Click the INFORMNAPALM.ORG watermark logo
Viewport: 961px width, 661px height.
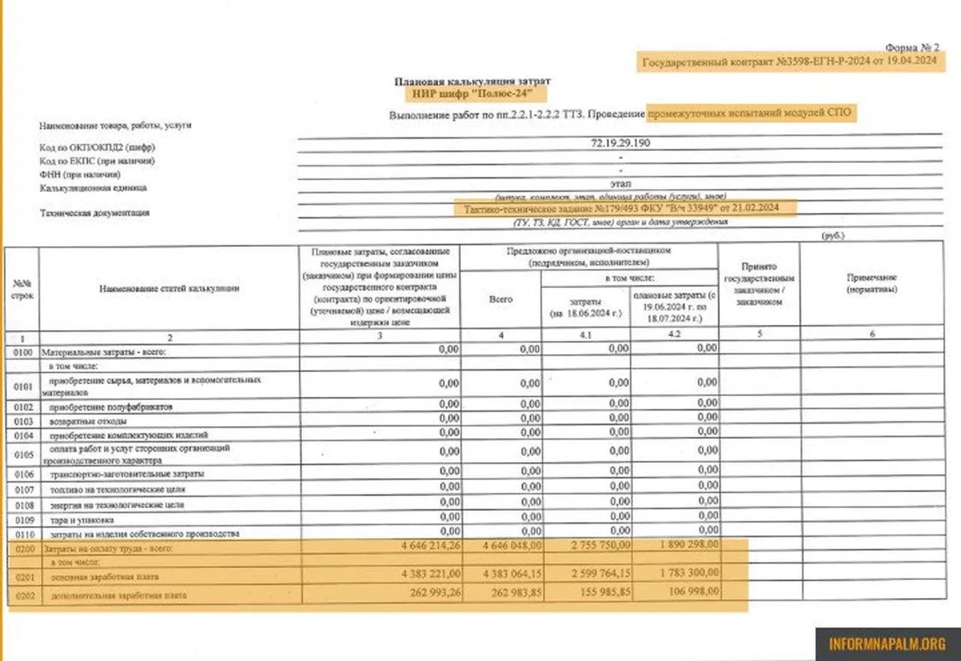pyautogui.click(x=887, y=643)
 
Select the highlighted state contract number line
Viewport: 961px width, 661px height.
pyautogui.click(x=789, y=63)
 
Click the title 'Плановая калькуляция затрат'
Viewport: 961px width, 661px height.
pyautogui.click(x=477, y=80)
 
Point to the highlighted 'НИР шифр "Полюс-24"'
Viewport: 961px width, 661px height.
pyautogui.click(x=477, y=94)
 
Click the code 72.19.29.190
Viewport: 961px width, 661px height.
pyautogui.click(x=620, y=143)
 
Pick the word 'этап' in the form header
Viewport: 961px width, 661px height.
pyautogui.click(x=620, y=183)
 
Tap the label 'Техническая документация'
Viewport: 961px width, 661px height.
pyautogui.click(x=95, y=213)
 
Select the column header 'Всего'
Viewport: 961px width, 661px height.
pyautogui.click(x=501, y=299)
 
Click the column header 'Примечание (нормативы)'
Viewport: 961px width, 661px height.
pyautogui.click(x=872, y=283)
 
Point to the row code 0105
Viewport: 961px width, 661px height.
pyautogui.click(x=23, y=453)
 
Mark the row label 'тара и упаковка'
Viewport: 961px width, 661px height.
pyautogui.click(x=82, y=519)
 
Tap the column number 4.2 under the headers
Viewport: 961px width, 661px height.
pyautogui.click(x=673, y=335)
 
